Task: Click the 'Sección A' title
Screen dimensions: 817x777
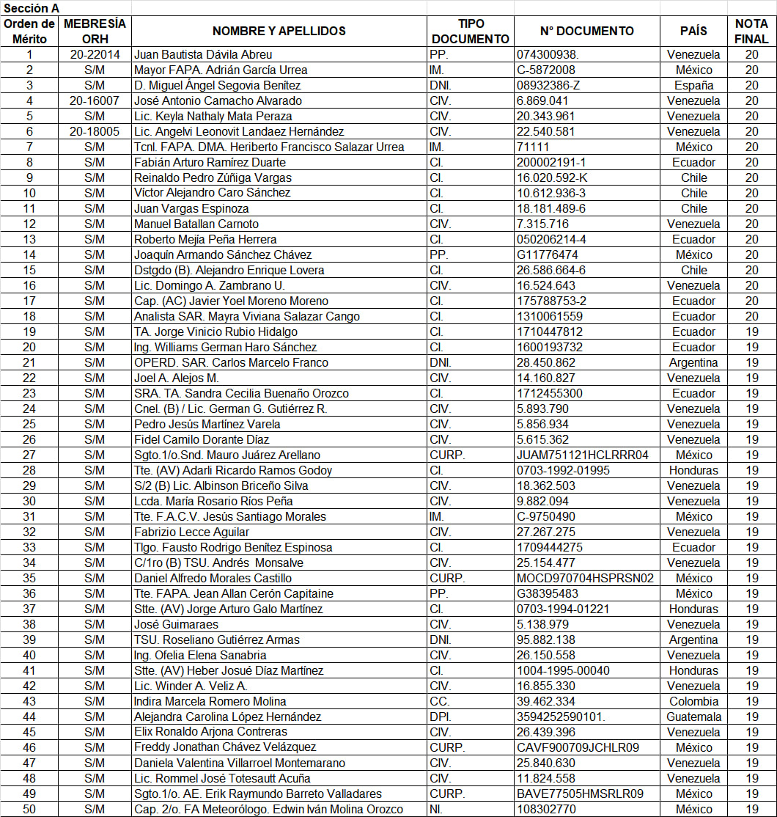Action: (x=31, y=7)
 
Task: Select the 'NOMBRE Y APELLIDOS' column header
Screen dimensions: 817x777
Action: (x=279, y=31)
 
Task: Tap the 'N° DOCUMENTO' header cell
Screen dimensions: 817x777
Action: (x=586, y=31)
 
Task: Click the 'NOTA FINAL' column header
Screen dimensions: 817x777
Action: (x=751, y=31)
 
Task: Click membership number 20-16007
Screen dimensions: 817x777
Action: (x=95, y=100)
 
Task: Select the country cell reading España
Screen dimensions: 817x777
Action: (x=693, y=85)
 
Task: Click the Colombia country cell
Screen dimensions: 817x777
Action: (x=693, y=701)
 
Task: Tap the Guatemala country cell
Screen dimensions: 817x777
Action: (x=693, y=717)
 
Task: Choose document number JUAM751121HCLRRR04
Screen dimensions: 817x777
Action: (x=582, y=455)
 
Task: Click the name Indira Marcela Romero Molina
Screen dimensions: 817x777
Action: (x=210, y=701)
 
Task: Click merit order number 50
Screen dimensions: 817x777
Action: (x=29, y=809)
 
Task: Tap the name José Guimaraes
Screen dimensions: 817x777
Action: (x=176, y=624)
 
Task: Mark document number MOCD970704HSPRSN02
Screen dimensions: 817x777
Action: (x=585, y=578)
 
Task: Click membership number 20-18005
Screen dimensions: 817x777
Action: (x=95, y=131)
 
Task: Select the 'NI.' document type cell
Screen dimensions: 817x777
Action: (x=436, y=809)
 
